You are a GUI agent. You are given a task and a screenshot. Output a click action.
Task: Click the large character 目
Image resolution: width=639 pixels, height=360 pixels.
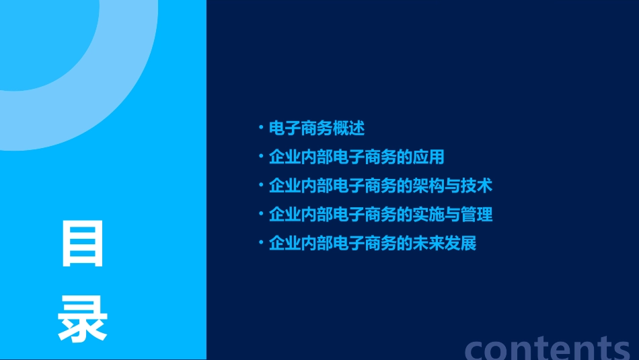click(83, 244)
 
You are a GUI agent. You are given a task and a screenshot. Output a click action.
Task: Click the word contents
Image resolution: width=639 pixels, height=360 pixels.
click(548, 348)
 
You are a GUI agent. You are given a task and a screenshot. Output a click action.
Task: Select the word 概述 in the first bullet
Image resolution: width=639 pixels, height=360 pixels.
click(345, 127)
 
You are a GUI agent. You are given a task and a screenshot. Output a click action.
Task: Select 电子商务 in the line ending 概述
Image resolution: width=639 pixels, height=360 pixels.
click(300, 127)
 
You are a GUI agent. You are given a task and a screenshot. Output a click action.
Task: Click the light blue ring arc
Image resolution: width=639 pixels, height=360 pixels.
click(128, 101)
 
